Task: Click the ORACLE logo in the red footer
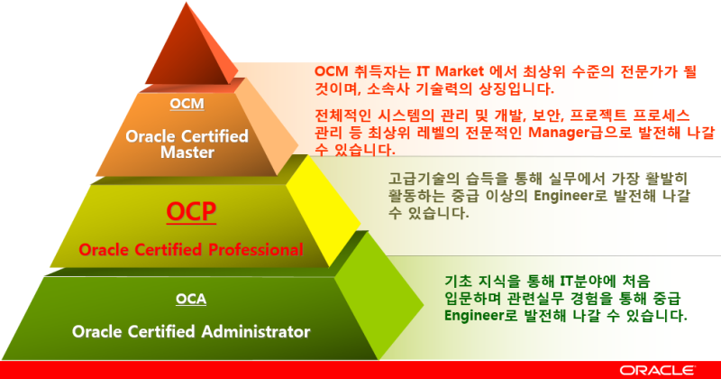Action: click(657, 370)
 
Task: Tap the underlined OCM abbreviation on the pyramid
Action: click(187, 104)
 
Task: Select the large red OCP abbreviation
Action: click(191, 211)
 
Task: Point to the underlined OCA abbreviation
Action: click(191, 299)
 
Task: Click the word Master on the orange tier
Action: click(187, 153)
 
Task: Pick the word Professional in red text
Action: click(256, 250)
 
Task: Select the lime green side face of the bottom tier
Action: click(377, 297)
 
